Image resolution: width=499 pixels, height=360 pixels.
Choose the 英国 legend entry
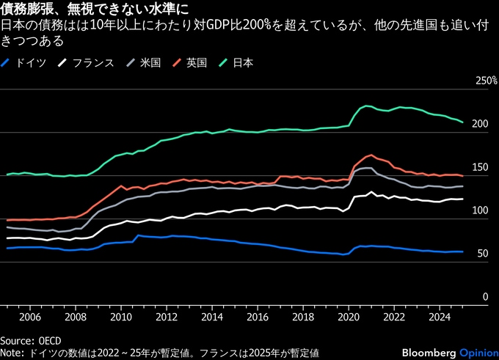click(195, 63)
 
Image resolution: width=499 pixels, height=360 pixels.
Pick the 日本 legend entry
click(243, 63)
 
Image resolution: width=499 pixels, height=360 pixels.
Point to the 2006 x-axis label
click(29, 317)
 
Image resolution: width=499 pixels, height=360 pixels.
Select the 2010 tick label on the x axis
click(120, 317)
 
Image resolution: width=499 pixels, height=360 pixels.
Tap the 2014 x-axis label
click(211, 317)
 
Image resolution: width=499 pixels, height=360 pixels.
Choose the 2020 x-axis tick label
click(347, 317)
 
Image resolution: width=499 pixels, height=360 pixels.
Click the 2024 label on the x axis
click(438, 317)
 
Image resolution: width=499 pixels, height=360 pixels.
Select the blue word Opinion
click(478, 353)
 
